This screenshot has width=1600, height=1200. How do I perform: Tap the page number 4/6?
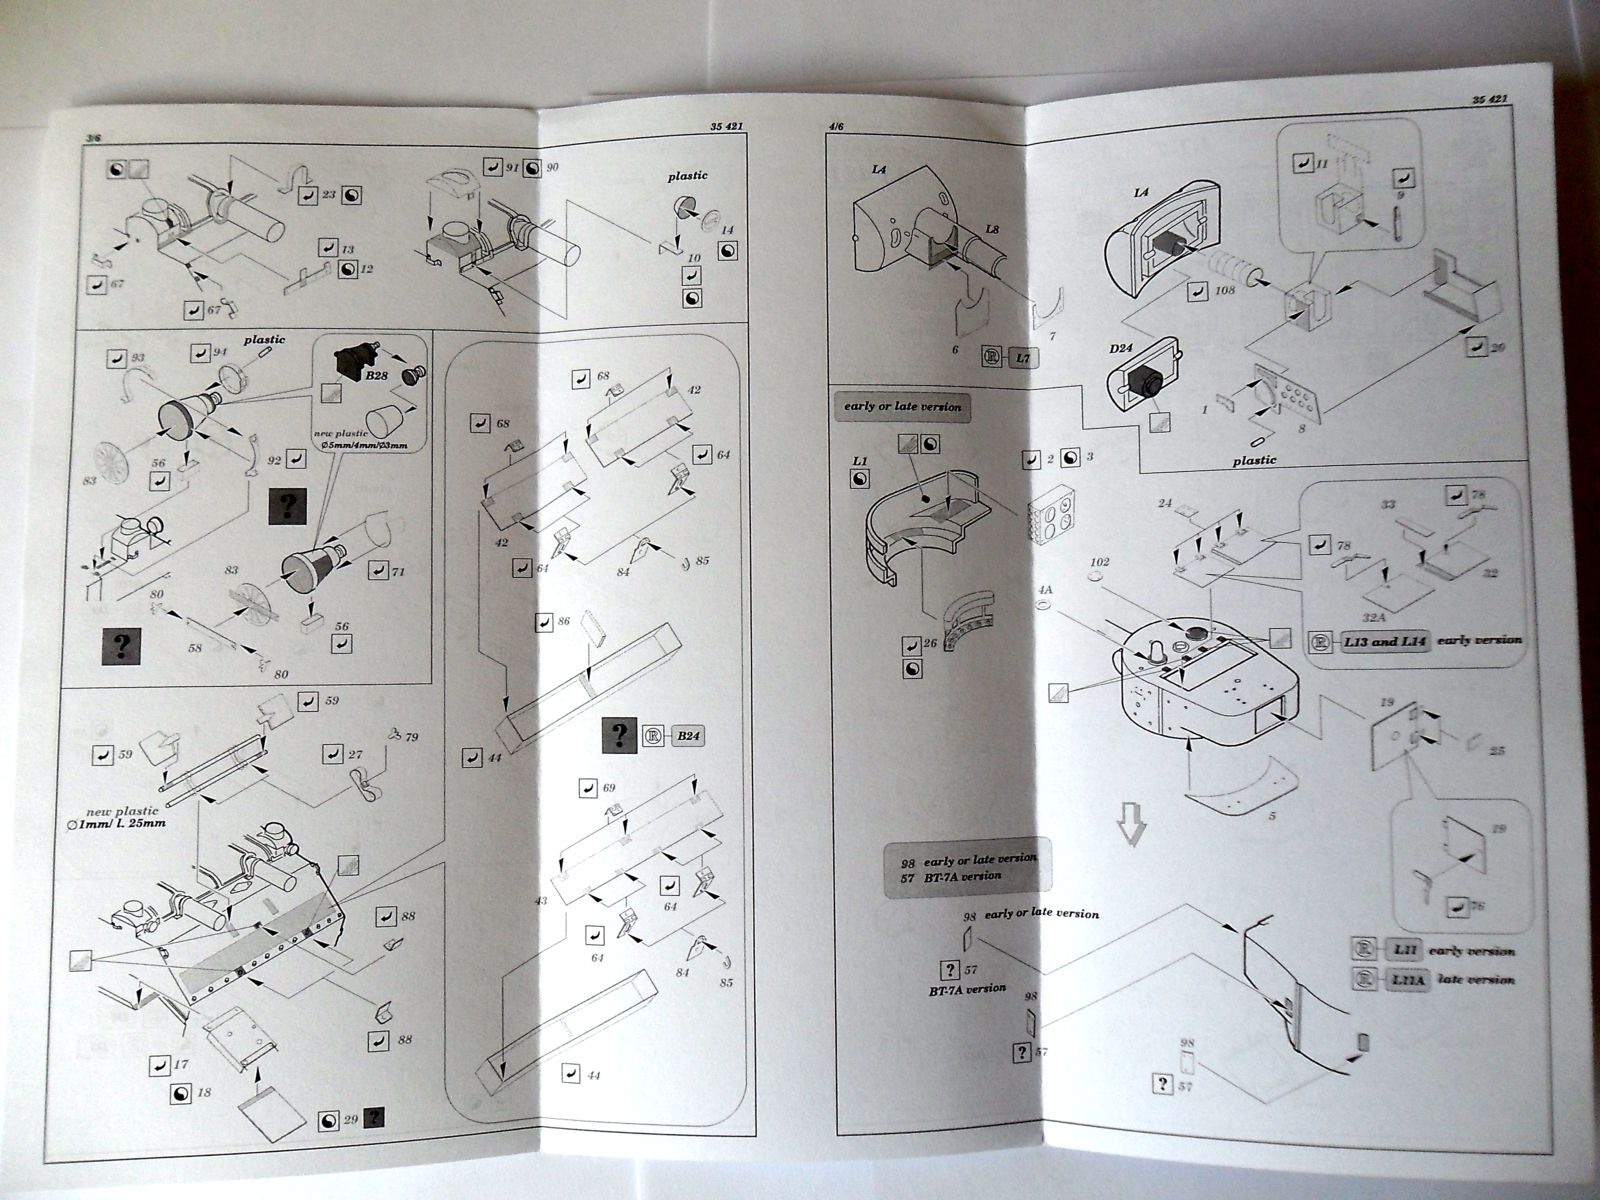pyautogui.click(x=837, y=127)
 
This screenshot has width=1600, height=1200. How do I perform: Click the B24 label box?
pyautogui.click(x=689, y=738)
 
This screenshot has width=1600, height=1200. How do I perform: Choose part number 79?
pyautogui.click(x=412, y=738)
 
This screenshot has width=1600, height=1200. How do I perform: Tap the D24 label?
pyautogui.click(x=1119, y=351)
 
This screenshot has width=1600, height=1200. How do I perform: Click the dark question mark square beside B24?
pyautogui.click(x=619, y=737)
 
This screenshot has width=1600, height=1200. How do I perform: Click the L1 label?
pyautogui.click(x=859, y=461)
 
